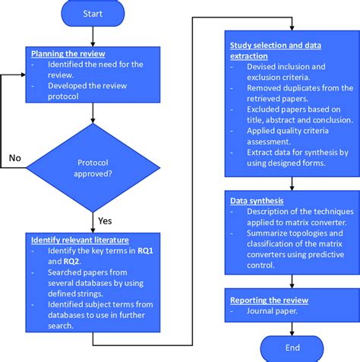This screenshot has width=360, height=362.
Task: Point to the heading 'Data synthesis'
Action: pos(257,201)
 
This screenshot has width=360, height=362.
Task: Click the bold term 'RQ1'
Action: pos(145,250)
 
